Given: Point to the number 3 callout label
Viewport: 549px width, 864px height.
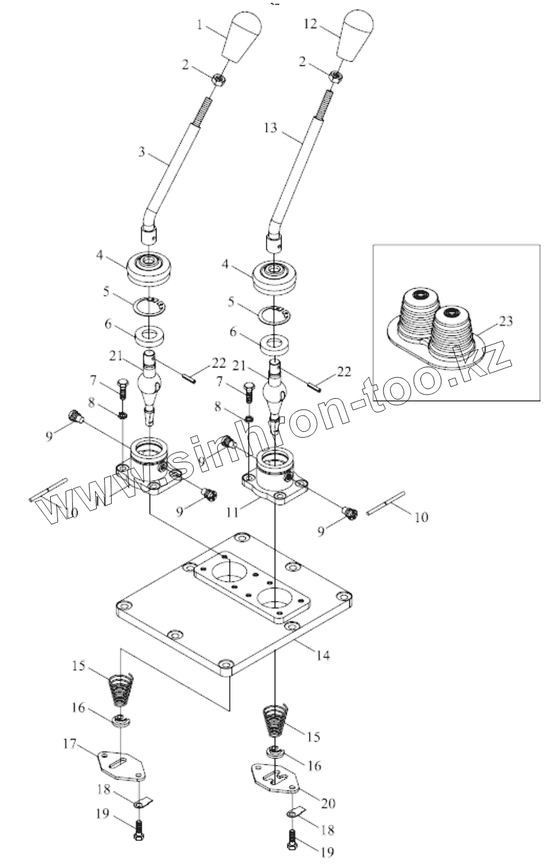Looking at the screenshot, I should tap(141, 152).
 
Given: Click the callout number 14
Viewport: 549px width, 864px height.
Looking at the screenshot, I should tap(322, 655).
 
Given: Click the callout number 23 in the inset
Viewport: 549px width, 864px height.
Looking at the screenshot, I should tap(506, 321).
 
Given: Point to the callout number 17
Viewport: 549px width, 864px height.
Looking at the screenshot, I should tap(69, 744).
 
